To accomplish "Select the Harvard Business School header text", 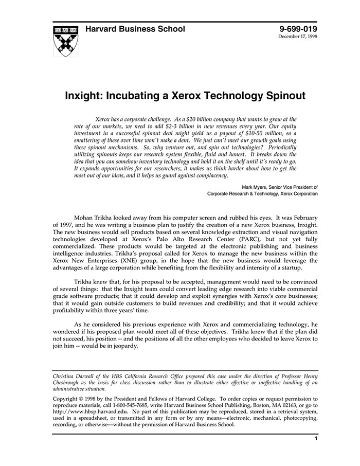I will point(135,29).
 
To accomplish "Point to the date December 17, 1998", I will point(298,37).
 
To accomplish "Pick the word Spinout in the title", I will point(285,96).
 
